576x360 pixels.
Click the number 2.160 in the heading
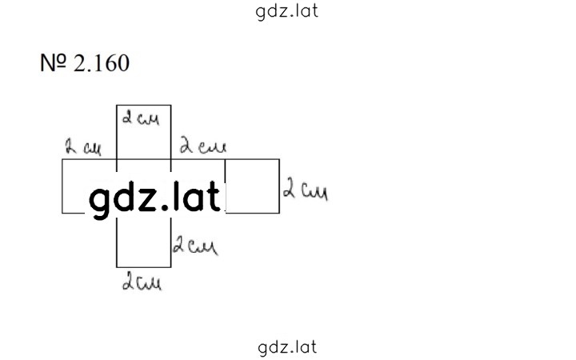102,63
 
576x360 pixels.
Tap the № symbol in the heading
54,63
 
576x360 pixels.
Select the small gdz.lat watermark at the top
286,12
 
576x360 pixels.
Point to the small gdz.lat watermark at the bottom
287,347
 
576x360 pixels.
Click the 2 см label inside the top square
141,118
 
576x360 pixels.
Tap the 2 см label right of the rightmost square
306,189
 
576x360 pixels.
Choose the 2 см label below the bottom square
142,282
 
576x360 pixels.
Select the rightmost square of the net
252,186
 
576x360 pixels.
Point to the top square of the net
144,132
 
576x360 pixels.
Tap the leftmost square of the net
62,186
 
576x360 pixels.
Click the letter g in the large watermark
100,202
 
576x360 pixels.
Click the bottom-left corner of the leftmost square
62,213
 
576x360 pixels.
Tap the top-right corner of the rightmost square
279,159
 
